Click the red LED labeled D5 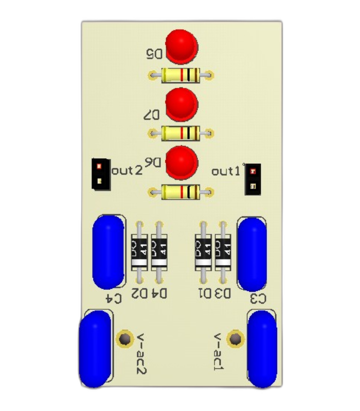[182, 47]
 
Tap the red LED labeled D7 [182, 105]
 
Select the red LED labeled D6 [182, 163]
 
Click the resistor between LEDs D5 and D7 [181, 76]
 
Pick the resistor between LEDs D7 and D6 [181, 133]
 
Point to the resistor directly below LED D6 [181, 192]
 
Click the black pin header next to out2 [101, 174]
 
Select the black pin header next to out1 [253, 179]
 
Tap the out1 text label [226, 172]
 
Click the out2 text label [127, 171]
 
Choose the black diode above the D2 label [139, 252]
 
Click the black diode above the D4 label [159, 252]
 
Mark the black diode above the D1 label [203, 252]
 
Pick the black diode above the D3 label [223, 252]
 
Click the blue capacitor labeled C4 [109, 252]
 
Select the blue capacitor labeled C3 [252, 254]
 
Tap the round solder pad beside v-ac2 [124, 339]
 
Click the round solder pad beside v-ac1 [236, 339]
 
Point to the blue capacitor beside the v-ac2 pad [95, 349]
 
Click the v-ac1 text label [218, 352]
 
